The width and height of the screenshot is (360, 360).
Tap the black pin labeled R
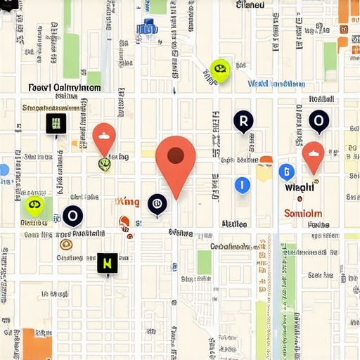coord(243,122)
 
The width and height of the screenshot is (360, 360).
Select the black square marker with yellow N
coord(108,264)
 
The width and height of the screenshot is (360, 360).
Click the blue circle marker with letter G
coord(286,172)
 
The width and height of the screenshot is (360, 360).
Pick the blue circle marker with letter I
coord(242,186)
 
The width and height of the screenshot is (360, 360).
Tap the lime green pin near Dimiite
coord(34,205)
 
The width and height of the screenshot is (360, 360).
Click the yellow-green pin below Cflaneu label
coord(220,69)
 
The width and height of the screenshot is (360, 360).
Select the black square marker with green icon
coord(56,124)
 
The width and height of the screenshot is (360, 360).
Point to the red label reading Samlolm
coord(303,214)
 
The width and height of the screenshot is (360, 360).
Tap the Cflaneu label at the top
coord(251,5)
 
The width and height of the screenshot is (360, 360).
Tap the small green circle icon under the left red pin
coord(104,165)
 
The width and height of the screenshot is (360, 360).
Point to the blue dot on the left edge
coord(4,169)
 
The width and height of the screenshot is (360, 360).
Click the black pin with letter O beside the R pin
coord(319,122)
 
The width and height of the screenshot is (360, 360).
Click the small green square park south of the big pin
coord(204,262)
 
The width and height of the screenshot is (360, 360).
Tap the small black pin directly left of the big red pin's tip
coord(157,204)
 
